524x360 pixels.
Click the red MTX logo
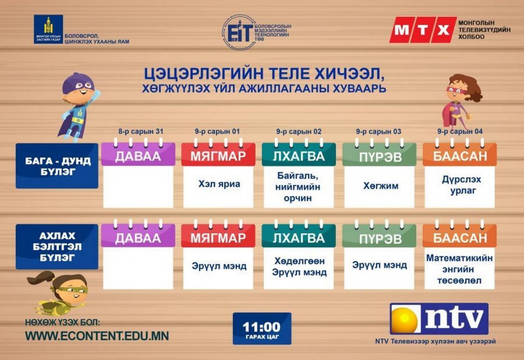(423, 30)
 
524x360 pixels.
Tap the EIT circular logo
(238, 32)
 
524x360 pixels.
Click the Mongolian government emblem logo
(48, 29)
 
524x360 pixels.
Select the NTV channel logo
(439, 319)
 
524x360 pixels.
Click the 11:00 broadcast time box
(262, 329)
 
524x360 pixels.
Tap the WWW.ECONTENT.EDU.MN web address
(97, 336)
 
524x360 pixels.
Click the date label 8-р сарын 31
(141, 131)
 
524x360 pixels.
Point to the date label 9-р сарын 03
(379, 131)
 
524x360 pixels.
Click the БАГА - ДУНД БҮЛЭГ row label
(57, 166)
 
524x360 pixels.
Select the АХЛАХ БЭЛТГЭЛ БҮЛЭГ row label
(57, 247)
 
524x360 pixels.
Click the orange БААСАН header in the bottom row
(460, 236)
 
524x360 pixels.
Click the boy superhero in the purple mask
(78, 107)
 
